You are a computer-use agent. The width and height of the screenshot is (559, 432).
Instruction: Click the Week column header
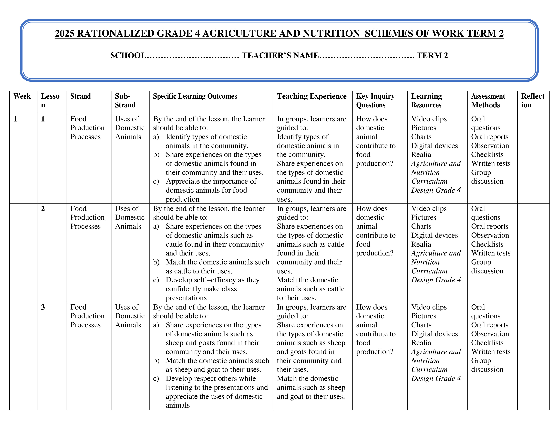(22, 96)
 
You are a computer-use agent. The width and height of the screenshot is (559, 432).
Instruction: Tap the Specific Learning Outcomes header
(195, 96)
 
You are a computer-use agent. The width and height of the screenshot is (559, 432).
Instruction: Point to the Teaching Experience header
(312, 96)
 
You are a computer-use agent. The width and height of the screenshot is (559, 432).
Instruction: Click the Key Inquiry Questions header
(375, 101)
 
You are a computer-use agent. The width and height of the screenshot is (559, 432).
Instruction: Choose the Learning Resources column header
(426, 101)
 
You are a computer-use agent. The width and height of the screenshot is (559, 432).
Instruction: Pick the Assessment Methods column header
(488, 101)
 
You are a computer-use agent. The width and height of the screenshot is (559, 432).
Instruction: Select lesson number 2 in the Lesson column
(43, 209)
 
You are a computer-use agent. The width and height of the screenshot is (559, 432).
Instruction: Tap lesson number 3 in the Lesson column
(43, 307)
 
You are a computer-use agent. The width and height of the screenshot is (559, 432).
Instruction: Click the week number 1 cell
(15, 119)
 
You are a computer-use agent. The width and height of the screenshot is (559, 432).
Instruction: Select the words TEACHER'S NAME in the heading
(280, 56)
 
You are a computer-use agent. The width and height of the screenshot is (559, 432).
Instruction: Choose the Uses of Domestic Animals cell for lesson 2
(130, 218)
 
